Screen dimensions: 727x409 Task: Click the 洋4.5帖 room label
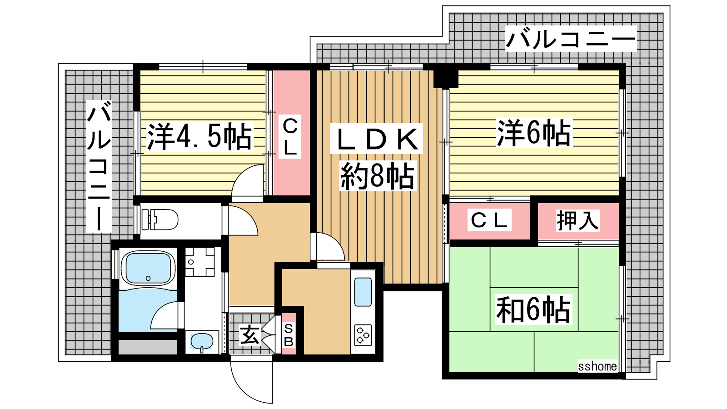[x=200, y=136]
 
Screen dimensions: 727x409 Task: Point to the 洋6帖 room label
[x=534, y=132]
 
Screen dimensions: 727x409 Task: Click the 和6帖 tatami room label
[x=533, y=309]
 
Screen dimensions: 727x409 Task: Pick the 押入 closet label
[x=578, y=220]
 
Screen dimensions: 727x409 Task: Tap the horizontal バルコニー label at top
[x=571, y=39]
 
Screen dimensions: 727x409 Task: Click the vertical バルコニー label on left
[x=99, y=166]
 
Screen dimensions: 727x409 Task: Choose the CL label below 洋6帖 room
[x=489, y=220]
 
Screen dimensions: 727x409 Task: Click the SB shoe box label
[x=289, y=335]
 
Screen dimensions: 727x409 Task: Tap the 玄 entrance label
[x=249, y=335]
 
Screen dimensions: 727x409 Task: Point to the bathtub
[x=148, y=269]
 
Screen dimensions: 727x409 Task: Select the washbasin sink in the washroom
[x=202, y=342]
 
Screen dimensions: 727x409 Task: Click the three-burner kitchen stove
[x=363, y=334]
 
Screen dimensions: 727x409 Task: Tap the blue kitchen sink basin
[x=363, y=292]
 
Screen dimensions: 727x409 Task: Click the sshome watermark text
[x=598, y=366]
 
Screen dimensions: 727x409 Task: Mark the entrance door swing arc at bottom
[x=244, y=391]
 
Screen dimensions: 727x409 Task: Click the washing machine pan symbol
[x=200, y=262]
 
